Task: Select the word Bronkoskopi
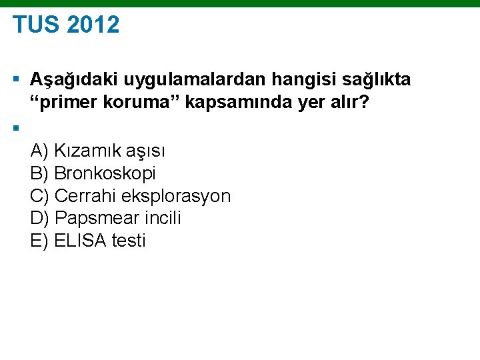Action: coord(105,173)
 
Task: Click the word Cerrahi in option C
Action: coord(85,196)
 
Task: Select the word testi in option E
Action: coord(128,241)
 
